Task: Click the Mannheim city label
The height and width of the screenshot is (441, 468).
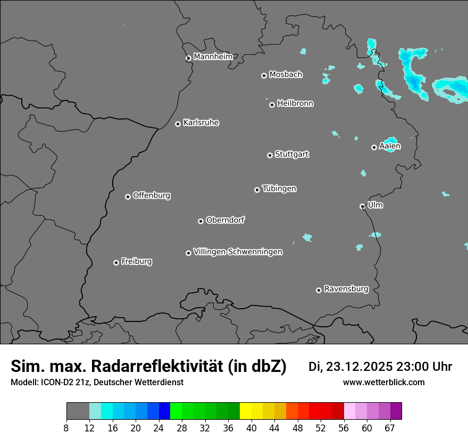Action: tap(213, 56)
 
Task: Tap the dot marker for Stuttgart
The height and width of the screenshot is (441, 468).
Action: tap(270, 155)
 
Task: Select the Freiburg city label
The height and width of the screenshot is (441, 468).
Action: tap(136, 261)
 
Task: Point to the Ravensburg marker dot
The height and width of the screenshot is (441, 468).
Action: tap(319, 290)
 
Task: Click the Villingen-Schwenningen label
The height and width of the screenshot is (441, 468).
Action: tap(238, 252)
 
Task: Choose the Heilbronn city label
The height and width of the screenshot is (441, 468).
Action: tap(295, 104)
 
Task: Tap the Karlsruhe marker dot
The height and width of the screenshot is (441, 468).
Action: tap(178, 124)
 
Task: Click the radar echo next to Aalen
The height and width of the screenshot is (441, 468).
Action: tap(390, 143)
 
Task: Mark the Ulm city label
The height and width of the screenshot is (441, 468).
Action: tap(375, 205)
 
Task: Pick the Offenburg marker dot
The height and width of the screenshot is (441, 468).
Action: tap(128, 197)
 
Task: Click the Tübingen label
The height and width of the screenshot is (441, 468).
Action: tap(279, 189)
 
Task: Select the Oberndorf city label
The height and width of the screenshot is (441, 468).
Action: tap(225, 220)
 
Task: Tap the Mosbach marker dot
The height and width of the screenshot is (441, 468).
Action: tap(264, 75)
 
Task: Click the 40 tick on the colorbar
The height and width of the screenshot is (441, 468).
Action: tap(252, 428)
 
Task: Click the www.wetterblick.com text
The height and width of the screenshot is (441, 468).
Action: tap(383, 382)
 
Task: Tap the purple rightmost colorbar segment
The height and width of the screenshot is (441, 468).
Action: tap(396, 411)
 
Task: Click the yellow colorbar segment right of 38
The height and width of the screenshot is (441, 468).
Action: tap(245, 411)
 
